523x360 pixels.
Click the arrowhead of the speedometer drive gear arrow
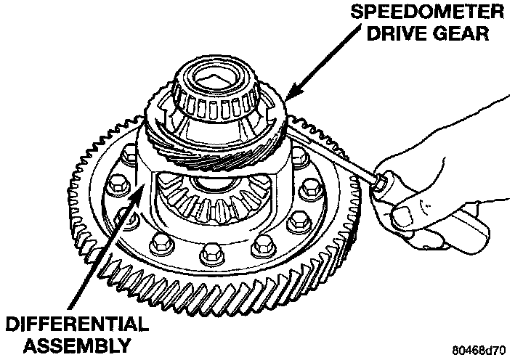[288, 96]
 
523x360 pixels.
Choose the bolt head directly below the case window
[210, 253]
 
